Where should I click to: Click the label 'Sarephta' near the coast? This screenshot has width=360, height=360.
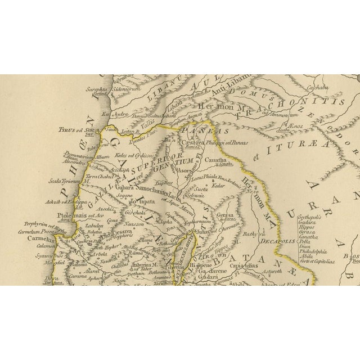[x=97, y=89]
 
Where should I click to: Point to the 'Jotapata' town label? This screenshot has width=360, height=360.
[x=141, y=201]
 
